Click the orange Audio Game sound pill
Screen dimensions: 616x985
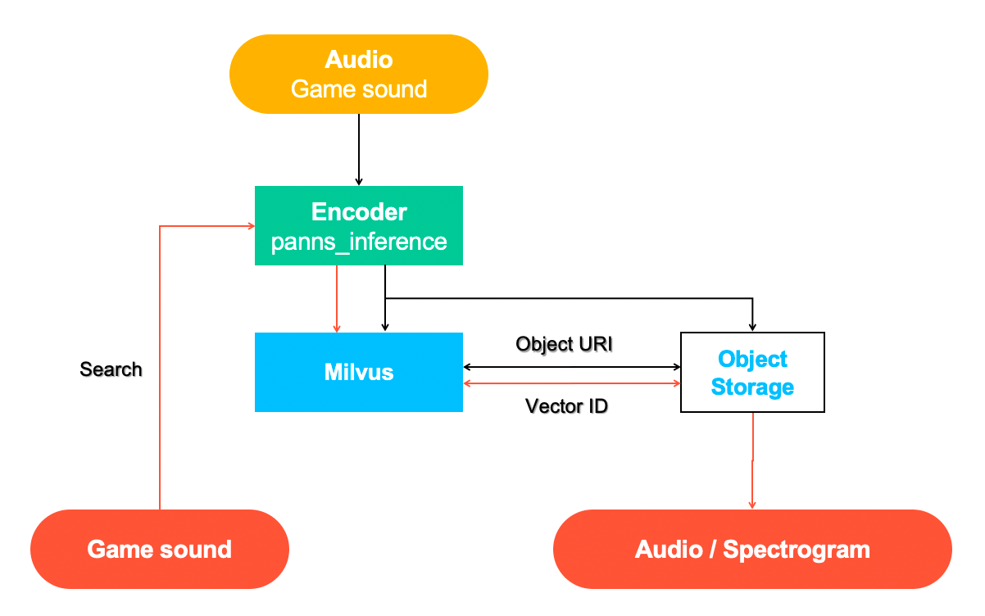(359, 74)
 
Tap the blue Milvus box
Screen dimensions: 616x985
(359, 372)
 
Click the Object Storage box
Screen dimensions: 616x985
(752, 372)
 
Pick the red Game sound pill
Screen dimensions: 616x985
(160, 549)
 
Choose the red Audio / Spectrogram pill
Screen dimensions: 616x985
(752, 549)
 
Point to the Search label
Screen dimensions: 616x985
(111, 369)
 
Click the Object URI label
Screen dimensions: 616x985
(565, 344)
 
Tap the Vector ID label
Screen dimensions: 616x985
(566, 405)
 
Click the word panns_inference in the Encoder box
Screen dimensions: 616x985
(359, 242)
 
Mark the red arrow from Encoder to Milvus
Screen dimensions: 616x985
(337, 299)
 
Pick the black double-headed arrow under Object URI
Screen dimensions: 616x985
(572, 367)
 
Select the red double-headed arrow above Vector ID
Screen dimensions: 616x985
(572, 383)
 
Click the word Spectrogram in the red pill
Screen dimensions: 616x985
(797, 549)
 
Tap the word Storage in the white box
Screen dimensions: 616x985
(752, 387)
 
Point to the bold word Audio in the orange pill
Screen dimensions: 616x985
(359, 60)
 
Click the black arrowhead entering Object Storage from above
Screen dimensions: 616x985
(752, 326)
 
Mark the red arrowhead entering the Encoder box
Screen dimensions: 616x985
(249, 226)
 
